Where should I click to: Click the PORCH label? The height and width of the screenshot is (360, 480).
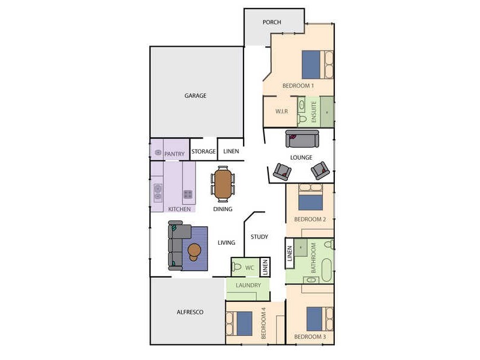272,22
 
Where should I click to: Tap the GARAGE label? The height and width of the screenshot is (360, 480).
195,95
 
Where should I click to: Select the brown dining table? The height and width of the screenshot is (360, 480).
223,184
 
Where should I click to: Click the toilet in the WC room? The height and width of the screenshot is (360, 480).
237,266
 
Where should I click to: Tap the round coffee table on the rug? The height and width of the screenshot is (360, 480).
195,251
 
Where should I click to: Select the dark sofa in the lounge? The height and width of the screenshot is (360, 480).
302,139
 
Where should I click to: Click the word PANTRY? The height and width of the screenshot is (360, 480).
174,154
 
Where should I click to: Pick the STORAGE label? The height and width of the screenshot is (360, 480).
203,152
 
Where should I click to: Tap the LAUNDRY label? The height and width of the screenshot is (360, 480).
247,286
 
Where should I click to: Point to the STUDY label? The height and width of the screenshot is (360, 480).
259,237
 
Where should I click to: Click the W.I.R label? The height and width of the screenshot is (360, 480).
281,112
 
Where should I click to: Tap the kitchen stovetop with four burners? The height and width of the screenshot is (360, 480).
188,194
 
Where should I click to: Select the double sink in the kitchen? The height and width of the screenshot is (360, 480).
158,192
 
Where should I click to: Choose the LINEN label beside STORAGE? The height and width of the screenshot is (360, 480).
231,152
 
